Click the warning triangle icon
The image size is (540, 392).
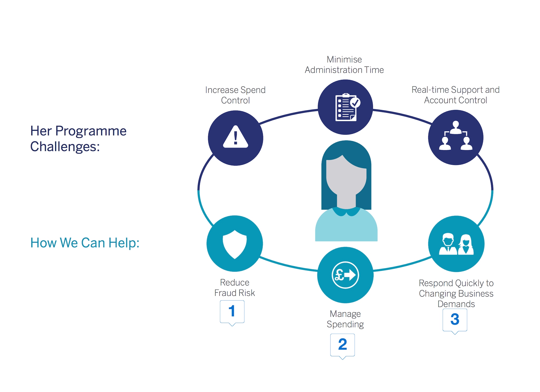[235, 137]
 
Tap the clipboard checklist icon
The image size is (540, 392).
[346, 108]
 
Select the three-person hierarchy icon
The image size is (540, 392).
[456, 136]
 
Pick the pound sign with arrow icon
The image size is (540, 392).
[345, 275]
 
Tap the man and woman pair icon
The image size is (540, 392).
[456, 244]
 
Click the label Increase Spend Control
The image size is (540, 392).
[235, 95]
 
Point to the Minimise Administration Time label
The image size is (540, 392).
[344, 65]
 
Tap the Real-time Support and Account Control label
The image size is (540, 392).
[455, 95]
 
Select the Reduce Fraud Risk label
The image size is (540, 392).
[234, 288]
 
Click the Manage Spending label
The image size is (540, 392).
[345, 319]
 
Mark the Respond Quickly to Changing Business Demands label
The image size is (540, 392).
[456, 293]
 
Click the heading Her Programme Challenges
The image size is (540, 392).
[78, 138]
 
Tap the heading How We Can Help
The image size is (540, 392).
[85, 243]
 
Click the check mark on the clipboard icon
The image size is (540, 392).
[355, 103]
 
